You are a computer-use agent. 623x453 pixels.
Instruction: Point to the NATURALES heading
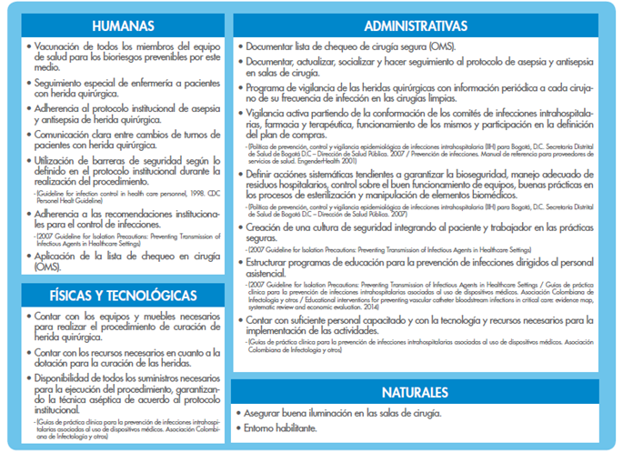pos(414,392)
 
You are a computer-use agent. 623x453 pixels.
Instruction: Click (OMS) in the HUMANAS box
pos(47,267)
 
